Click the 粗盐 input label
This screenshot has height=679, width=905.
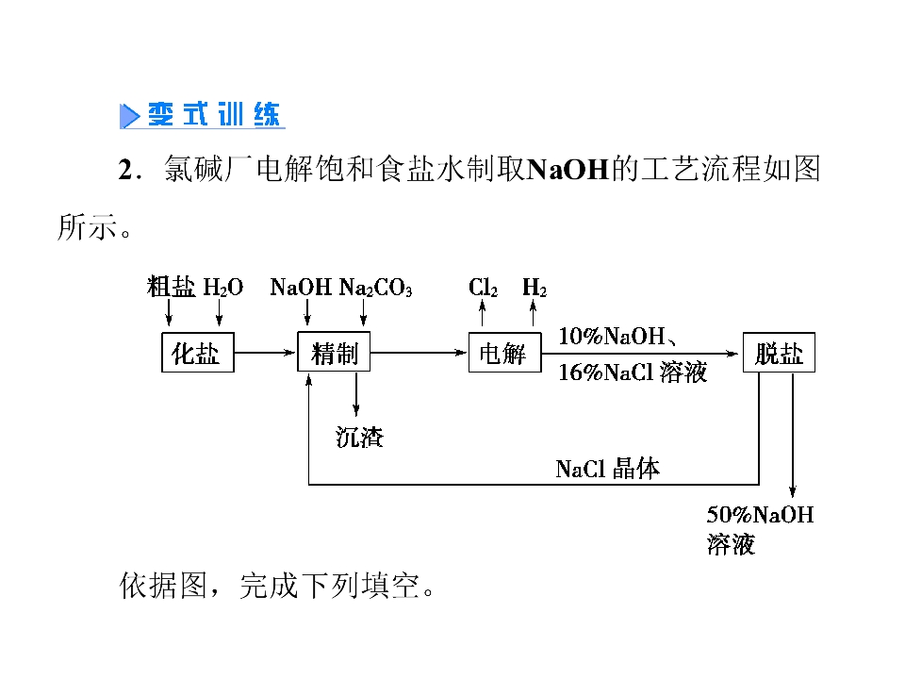tap(171, 287)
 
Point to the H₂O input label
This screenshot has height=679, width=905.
tap(223, 287)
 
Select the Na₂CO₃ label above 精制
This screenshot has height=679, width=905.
tap(376, 287)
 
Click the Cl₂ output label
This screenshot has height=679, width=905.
tap(483, 287)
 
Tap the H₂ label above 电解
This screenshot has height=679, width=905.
tap(535, 287)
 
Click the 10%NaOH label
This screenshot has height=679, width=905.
tap(612, 336)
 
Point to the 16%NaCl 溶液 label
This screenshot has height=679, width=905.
tap(633, 373)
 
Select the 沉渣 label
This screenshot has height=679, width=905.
tap(359, 437)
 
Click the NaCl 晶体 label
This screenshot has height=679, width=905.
tap(608, 469)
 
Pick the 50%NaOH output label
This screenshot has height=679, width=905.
tap(760, 515)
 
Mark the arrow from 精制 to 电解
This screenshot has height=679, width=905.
tap(419, 352)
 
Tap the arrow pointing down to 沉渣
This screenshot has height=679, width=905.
tap(356, 394)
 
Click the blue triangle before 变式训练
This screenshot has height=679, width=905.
tap(129, 115)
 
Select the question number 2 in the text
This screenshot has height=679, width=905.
tap(125, 171)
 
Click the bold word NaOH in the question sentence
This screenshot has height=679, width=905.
tap(568, 170)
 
